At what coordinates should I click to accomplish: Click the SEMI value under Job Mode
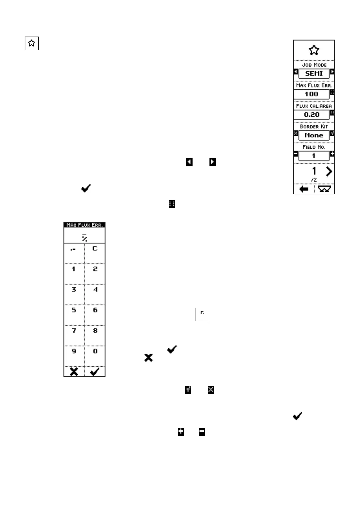tap(314, 73)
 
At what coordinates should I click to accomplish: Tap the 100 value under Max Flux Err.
tap(311, 94)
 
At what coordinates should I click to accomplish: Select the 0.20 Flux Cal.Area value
tap(311, 115)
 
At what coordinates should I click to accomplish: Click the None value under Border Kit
tap(314, 135)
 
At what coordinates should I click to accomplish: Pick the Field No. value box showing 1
tap(314, 156)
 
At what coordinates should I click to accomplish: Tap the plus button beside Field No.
tap(332, 154)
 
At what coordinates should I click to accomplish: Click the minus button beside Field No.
tap(296, 154)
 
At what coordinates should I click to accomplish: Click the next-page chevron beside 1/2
tap(329, 172)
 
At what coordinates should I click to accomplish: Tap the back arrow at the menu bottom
tap(304, 189)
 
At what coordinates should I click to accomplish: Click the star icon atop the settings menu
tap(314, 50)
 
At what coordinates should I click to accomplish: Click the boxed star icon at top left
tap(32, 43)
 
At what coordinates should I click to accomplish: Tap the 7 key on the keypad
tap(74, 335)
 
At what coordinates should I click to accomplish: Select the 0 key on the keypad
tap(95, 355)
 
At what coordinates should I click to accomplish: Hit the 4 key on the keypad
tap(95, 294)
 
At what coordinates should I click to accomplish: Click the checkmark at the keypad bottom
tap(95, 371)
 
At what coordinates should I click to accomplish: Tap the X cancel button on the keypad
tap(74, 371)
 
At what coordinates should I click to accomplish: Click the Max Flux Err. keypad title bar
tap(84, 225)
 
